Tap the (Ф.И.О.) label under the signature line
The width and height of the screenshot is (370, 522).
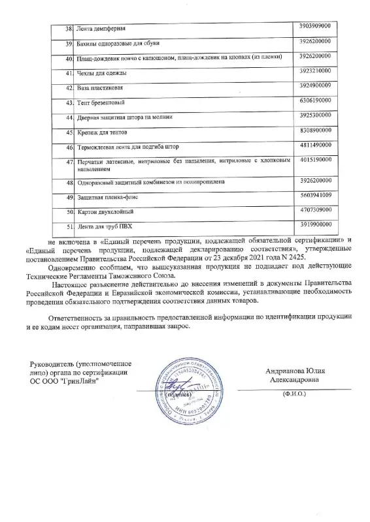(x=294, y=395)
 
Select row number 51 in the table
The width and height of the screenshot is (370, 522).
(x=68, y=227)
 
